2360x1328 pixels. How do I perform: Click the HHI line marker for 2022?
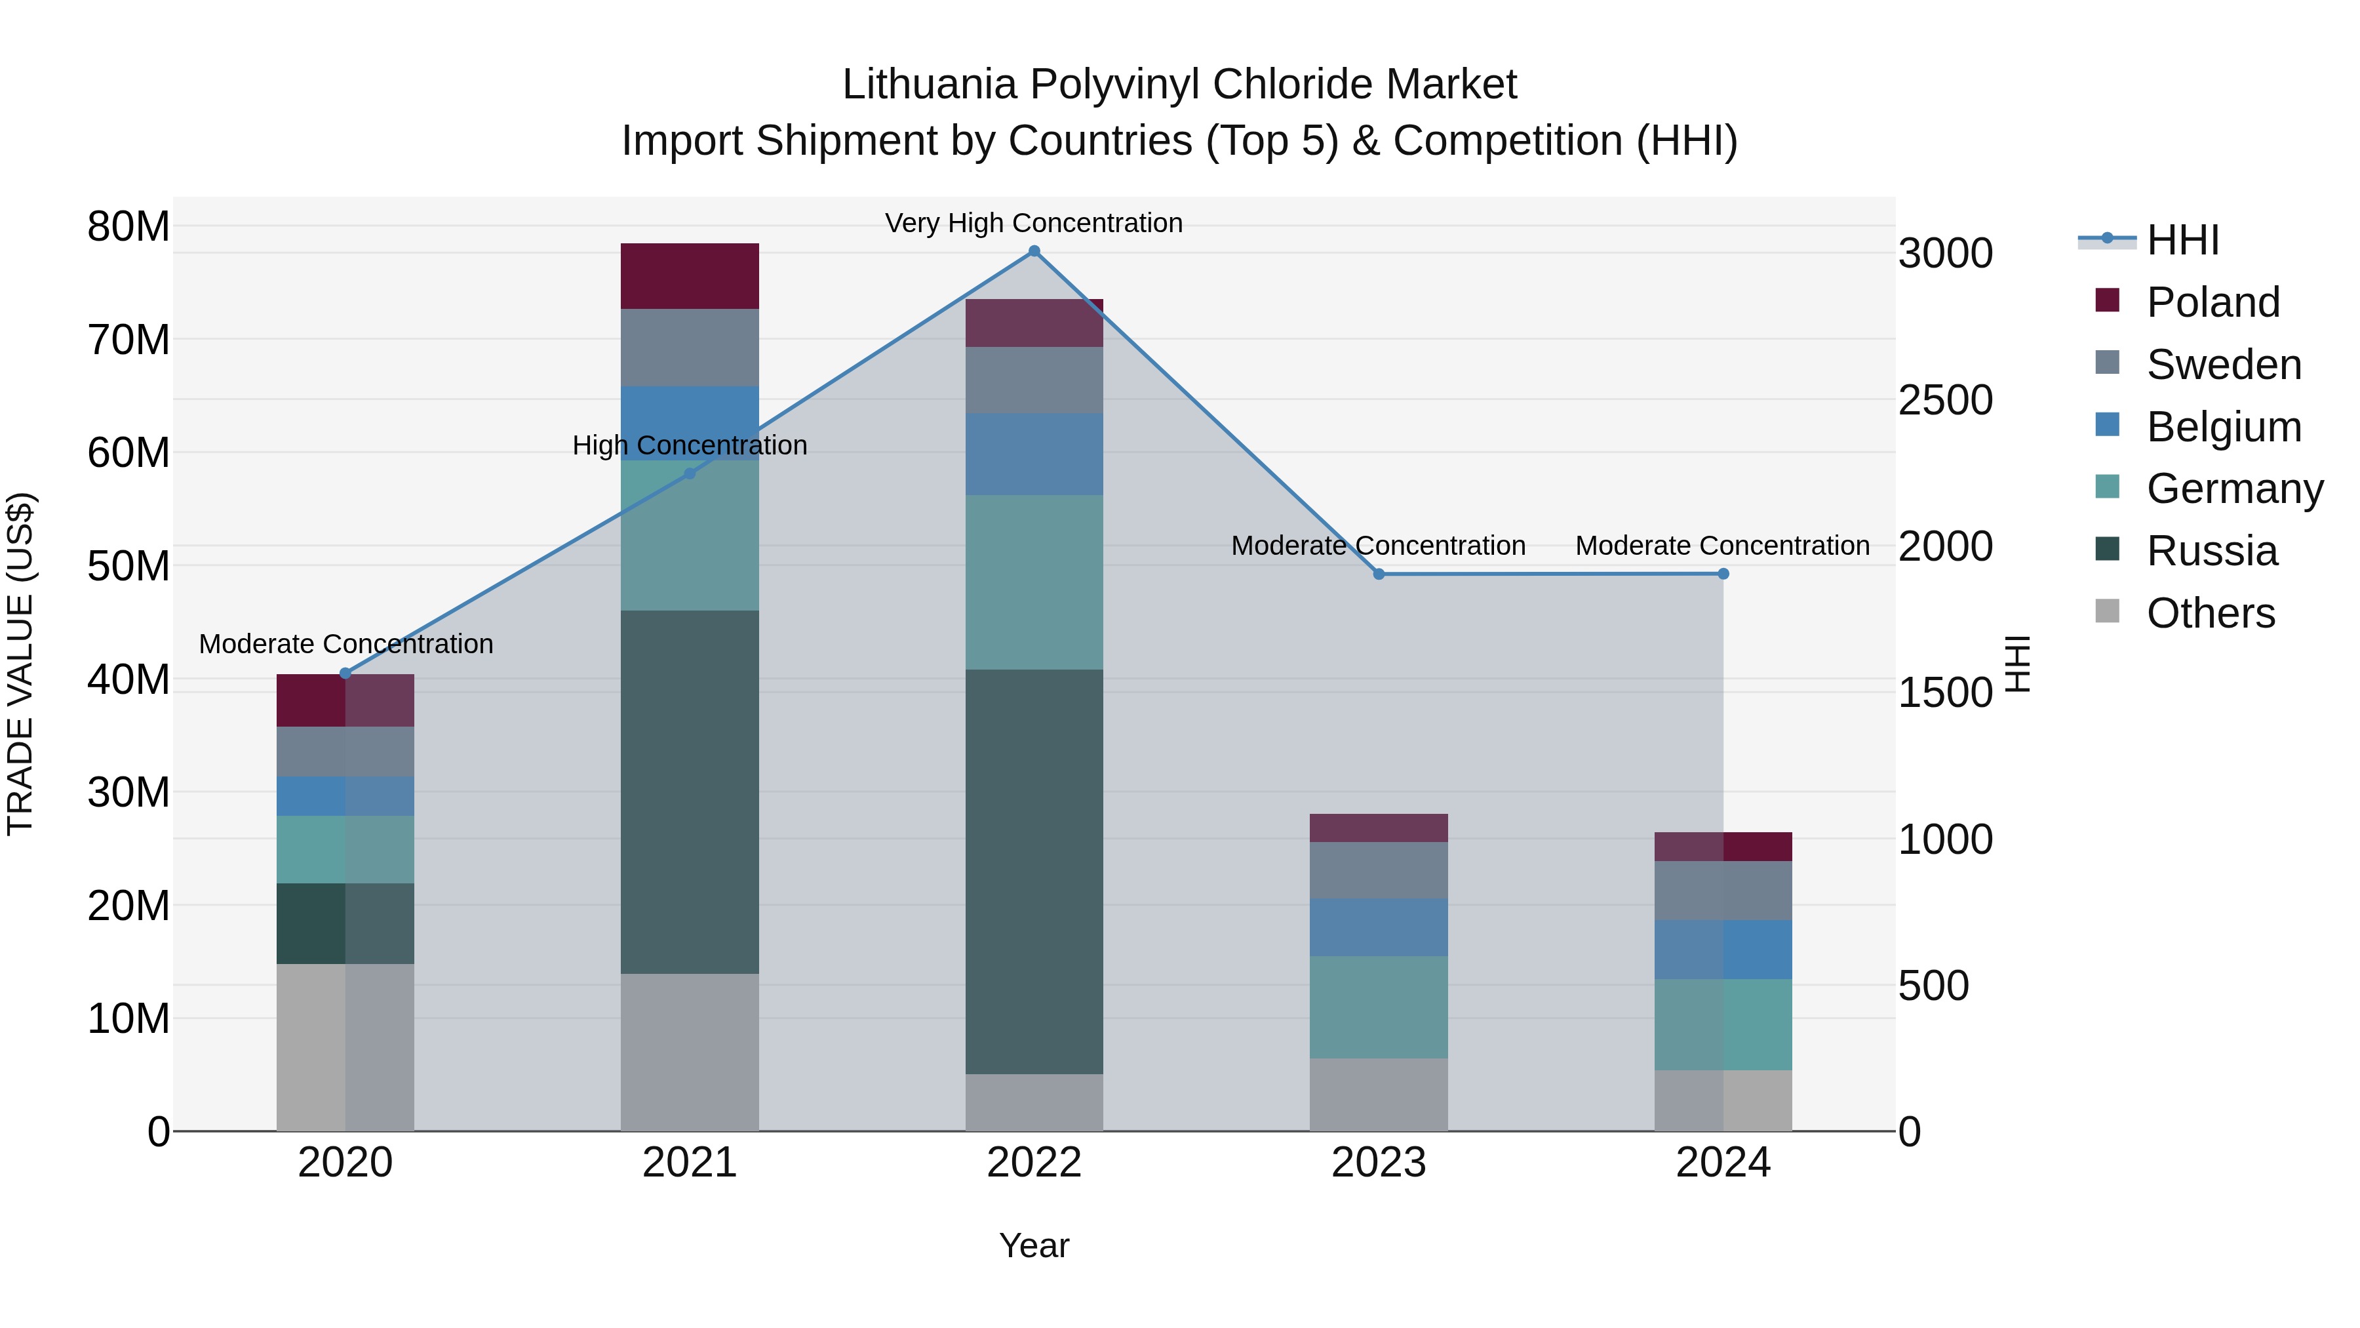click(1034, 251)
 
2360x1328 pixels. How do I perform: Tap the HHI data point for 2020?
click(345, 674)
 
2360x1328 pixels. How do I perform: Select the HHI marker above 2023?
click(1379, 574)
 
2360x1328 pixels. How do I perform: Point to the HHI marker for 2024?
click(1723, 574)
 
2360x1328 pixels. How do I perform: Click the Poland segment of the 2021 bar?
click(690, 276)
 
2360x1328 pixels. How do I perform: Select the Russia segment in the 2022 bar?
click(1034, 871)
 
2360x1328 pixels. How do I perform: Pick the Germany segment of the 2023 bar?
click(1379, 1007)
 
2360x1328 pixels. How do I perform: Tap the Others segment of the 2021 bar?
click(690, 1051)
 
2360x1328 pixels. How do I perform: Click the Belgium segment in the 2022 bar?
click(1034, 454)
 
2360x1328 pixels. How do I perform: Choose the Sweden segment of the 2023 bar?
click(1379, 870)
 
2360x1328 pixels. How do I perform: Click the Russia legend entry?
click(2212, 551)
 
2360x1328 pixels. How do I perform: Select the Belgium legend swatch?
click(2107, 425)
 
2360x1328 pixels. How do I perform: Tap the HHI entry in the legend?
click(2182, 240)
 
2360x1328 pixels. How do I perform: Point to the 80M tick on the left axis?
click(128, 226)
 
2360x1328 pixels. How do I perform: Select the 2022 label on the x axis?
click(1034, 1163)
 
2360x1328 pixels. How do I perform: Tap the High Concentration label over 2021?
click(690, 445)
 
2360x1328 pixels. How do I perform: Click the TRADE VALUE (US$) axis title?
click(20, 664)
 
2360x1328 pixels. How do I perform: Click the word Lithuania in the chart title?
click(929, 85)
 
